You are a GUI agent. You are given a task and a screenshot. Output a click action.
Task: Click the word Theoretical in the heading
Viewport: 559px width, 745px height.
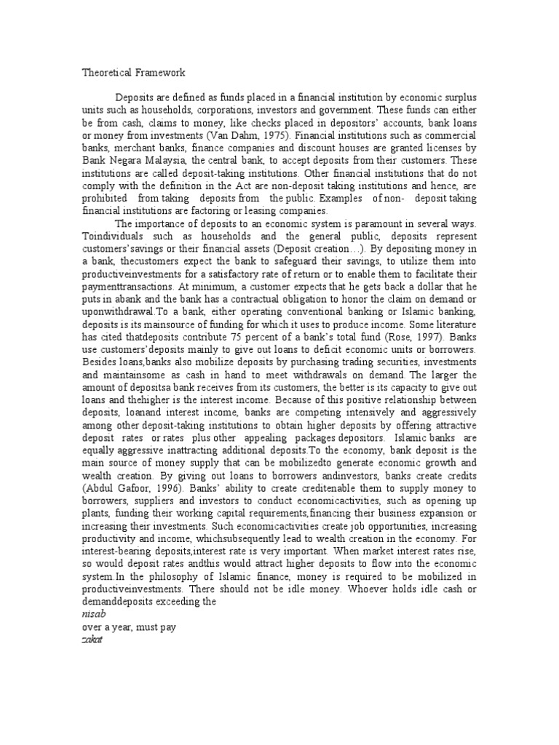(106, 73)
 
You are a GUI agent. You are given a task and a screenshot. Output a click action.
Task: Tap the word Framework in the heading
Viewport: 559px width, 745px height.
(160, 73)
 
